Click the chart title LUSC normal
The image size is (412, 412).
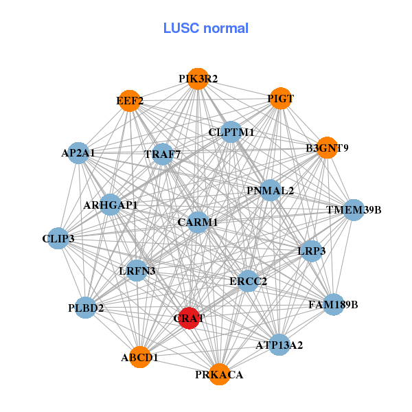(205, 28)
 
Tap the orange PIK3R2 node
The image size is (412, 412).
(198, 79)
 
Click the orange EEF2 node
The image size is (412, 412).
(129, 102)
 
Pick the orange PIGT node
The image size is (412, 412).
(280, 99)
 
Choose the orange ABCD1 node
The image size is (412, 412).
(140, 357)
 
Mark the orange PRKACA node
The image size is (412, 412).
(219, 374)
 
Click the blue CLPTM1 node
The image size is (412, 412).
(231, 132)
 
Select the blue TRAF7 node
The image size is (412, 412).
(163, 154)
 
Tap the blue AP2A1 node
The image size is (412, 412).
(78, 153)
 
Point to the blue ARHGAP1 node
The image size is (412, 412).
(111, 205)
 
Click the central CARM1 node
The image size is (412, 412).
(198, 222)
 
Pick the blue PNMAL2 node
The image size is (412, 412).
(270, 190)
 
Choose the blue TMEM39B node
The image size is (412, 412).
(354, 209)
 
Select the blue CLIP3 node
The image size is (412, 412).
(58, 238)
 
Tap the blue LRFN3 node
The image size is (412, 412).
(137, 271)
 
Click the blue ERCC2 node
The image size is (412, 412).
(248, 280)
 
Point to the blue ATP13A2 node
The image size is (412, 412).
(278, 344)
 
